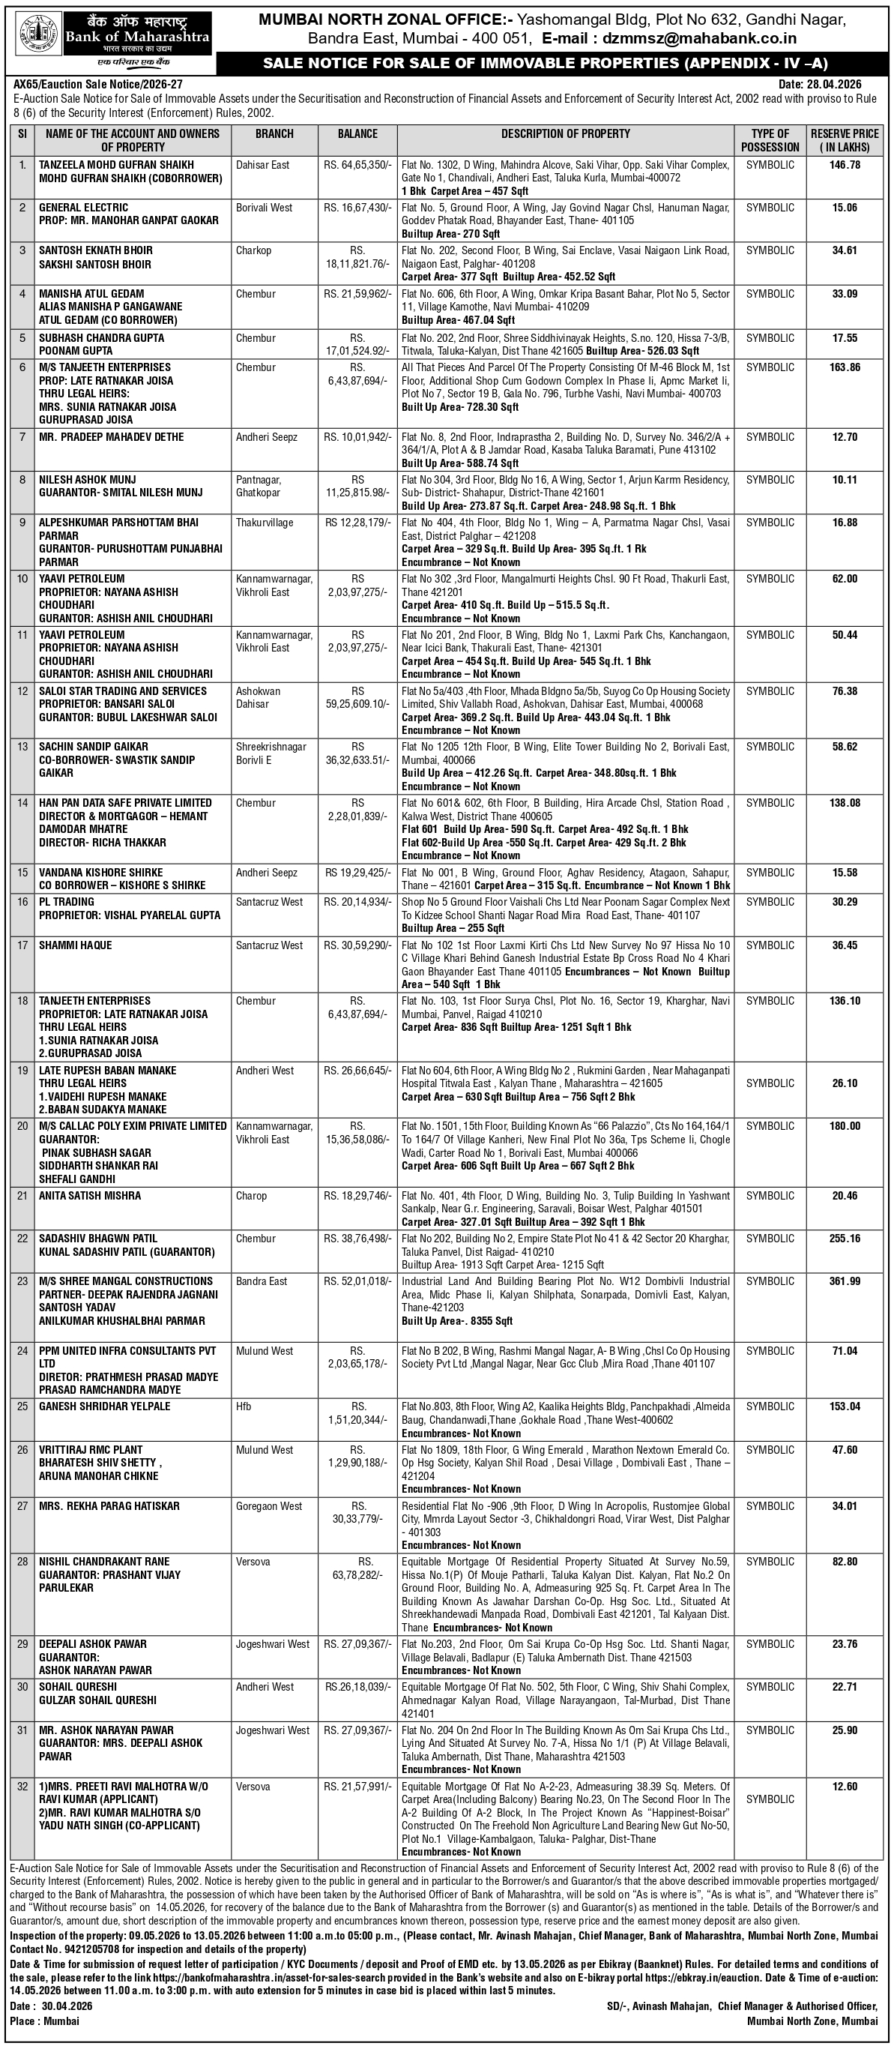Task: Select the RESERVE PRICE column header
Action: pos(844,139)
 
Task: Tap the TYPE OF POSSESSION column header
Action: pos(770,139)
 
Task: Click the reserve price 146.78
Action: pos(845,165)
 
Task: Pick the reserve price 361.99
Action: pos(845,1281)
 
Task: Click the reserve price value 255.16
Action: pos(845,1239)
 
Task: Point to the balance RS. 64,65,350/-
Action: pos(357,165)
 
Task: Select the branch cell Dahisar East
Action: pos(263,165)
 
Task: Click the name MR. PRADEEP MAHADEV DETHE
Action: pos(111,437)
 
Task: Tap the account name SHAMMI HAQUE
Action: pos(76,945)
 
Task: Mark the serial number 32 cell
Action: pos(22,1787)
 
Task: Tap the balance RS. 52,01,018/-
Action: pos(357,1281)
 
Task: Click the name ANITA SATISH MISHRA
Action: pos(90,1195)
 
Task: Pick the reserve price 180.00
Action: pos(845,1126)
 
